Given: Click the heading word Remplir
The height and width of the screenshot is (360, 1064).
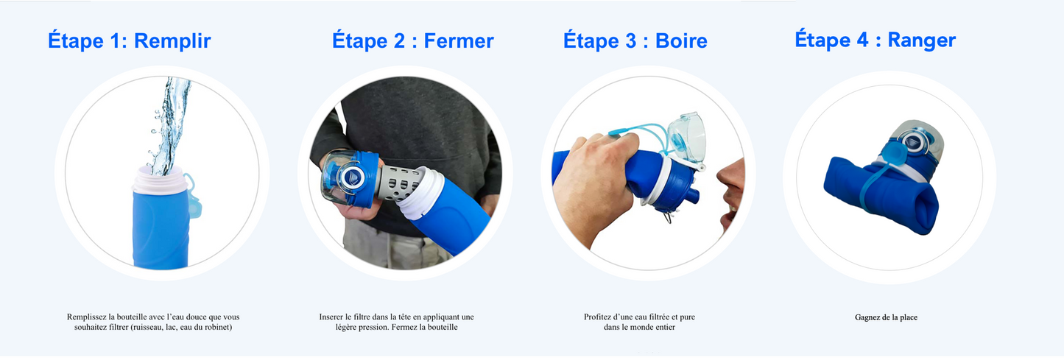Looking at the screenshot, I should click(172, 40).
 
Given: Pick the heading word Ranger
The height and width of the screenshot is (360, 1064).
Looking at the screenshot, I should click(921, 40).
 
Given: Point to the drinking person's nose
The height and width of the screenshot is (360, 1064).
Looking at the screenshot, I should click(724, 175).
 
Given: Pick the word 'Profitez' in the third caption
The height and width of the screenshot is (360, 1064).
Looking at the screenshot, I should click(599, 317).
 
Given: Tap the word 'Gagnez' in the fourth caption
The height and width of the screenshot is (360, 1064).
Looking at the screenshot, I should click(867, 318).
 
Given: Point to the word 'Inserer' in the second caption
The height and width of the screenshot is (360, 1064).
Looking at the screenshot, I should click(333, 317).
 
